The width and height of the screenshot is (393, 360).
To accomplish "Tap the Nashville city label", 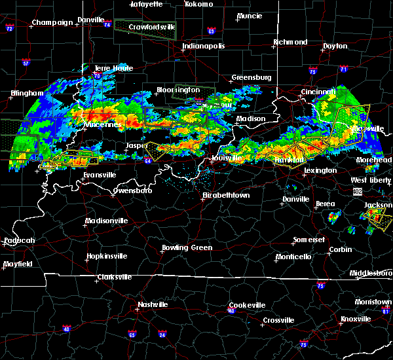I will click(152, 304).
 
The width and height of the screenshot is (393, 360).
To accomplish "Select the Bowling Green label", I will click(187, 247).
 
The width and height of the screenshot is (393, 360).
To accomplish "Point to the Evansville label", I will click(100, 175).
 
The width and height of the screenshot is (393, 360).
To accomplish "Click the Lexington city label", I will click(320, 170).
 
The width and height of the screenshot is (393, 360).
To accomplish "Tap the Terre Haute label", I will click(114, 68).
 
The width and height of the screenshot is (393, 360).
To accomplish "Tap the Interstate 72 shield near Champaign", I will click(9, 29).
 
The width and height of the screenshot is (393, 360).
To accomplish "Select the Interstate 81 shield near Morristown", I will click(387, 312).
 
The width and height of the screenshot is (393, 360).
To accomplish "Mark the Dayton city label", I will click(335, 46).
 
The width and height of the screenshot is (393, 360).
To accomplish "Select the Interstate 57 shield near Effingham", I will click(26, 63).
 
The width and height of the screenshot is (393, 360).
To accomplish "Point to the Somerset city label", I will click(310, 240).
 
